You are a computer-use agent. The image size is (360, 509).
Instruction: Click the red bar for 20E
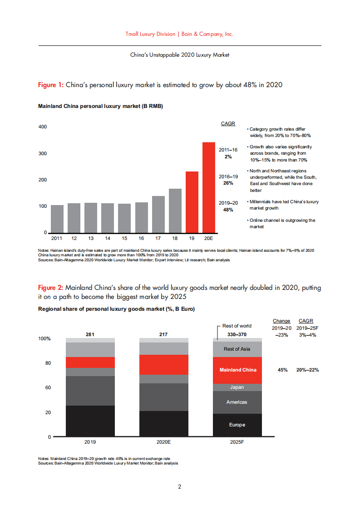pos(209,187)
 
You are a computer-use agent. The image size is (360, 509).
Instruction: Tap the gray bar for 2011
pos(57,218)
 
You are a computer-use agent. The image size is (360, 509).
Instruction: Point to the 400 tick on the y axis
pos(42,127)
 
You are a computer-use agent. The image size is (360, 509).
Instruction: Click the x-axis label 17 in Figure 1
pos(158,238)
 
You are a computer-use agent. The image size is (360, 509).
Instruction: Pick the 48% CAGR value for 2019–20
pos(228,210)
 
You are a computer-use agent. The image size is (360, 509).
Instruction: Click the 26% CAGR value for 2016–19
pos(228,183)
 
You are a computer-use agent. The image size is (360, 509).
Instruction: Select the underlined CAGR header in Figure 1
pos(228,123)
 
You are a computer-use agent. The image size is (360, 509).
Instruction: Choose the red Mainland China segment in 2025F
pos(237,370)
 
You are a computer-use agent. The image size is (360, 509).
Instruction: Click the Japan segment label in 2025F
pos(237,387)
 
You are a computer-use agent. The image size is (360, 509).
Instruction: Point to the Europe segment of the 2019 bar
pos(90,421)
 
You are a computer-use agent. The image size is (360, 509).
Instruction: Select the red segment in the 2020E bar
pos(164,364)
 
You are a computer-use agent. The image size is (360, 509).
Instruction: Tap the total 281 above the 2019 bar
pos(90,334)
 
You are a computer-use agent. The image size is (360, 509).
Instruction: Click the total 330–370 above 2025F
pos(237,335)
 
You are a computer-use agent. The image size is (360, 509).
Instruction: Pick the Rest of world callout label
pos(237,326)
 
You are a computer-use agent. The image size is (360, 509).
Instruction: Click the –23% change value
pos(281,335)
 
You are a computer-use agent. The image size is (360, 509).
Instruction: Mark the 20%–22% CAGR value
pos(308,370)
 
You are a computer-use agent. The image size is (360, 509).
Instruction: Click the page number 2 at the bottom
pos(180,487)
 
